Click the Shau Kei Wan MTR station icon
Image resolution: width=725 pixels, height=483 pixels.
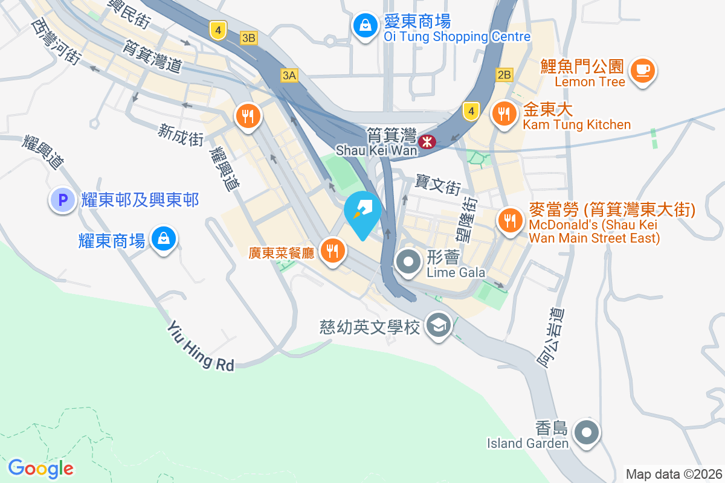pos(428,142)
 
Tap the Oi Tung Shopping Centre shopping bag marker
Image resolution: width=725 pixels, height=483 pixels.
pos(366,26)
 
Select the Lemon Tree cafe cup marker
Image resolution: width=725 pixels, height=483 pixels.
pos(643,71)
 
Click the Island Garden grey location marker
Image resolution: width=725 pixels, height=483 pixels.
pos(586,433)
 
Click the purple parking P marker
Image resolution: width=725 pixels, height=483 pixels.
pos(63,200)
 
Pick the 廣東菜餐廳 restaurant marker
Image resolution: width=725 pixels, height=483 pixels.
pos(332,250)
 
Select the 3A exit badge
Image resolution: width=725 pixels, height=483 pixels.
pos(289,75)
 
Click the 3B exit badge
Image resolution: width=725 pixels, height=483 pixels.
pos(248,38)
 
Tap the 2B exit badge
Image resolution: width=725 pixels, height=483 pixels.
pos(504,75)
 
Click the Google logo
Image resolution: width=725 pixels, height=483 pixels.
pos(40,468)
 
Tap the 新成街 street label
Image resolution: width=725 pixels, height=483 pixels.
pos(180,135)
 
